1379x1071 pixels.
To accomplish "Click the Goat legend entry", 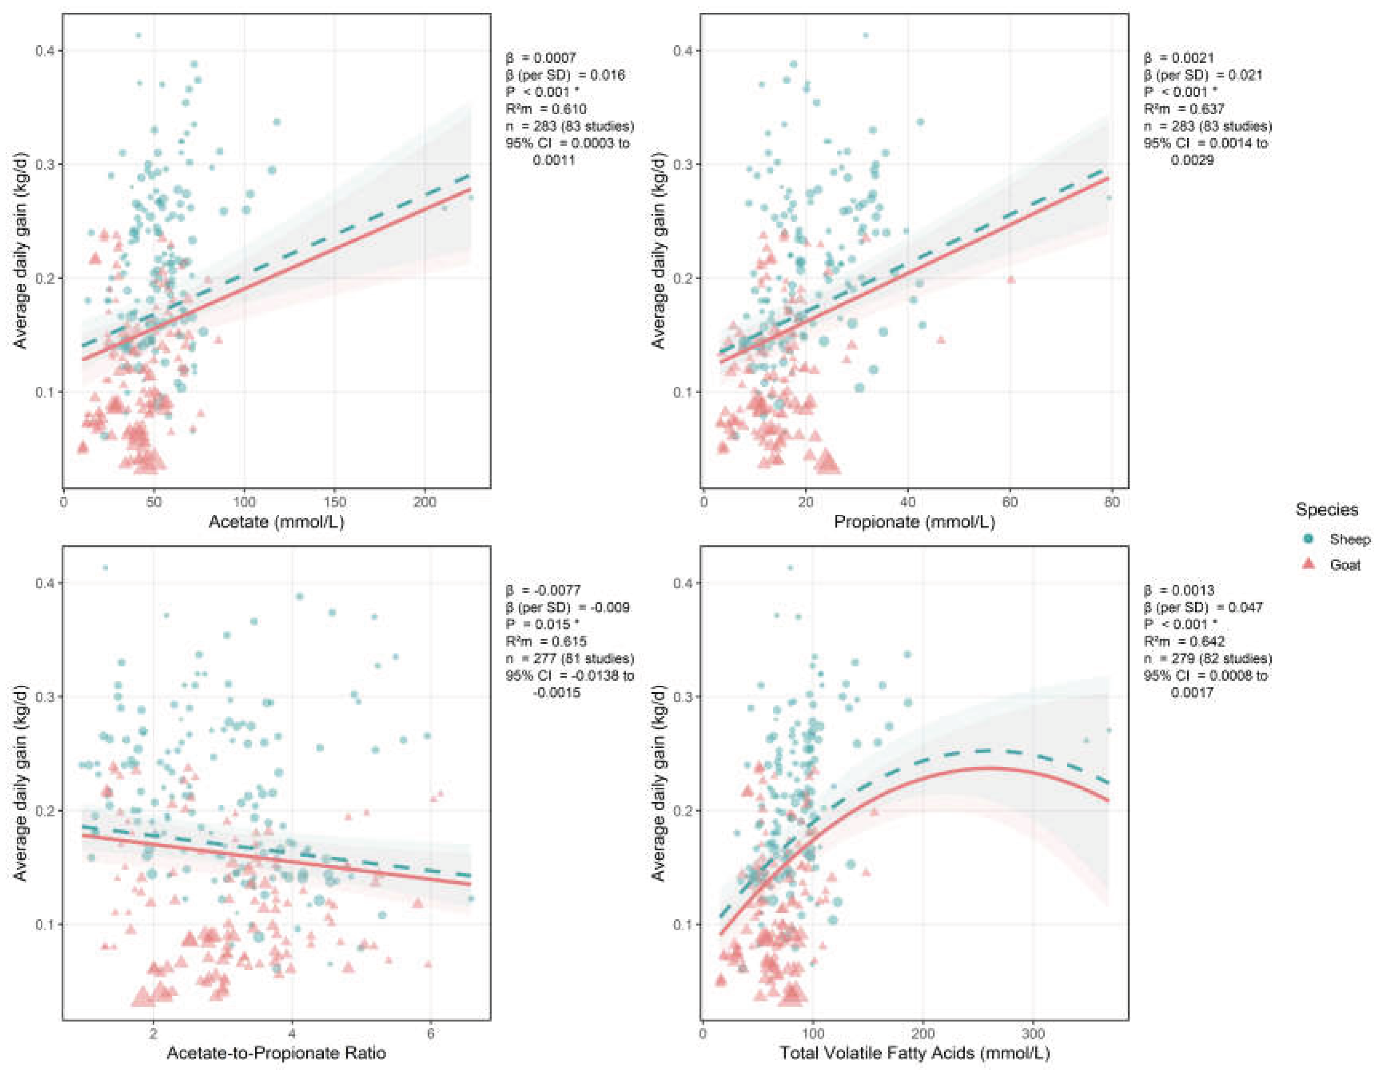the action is coord(1329,565).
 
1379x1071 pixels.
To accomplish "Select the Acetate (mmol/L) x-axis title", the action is coord(277,522).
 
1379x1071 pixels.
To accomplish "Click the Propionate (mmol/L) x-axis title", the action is coord(914,522).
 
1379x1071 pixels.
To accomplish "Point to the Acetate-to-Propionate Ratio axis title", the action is coord(277,1053).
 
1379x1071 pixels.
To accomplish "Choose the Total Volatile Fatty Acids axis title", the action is coord(914,1053).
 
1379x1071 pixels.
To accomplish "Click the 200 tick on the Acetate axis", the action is coord(424,502).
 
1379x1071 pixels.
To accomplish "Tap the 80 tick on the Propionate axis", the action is coord(1112,502).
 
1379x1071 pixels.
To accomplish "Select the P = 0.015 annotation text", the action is coord(542,625).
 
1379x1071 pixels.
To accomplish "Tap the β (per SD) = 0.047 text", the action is coord(1203,607).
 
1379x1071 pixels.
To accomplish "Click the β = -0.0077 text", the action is coord(542,590).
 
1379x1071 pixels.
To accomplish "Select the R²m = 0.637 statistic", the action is coord(1184,109).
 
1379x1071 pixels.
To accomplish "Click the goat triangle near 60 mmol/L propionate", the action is coord(1010,279).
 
